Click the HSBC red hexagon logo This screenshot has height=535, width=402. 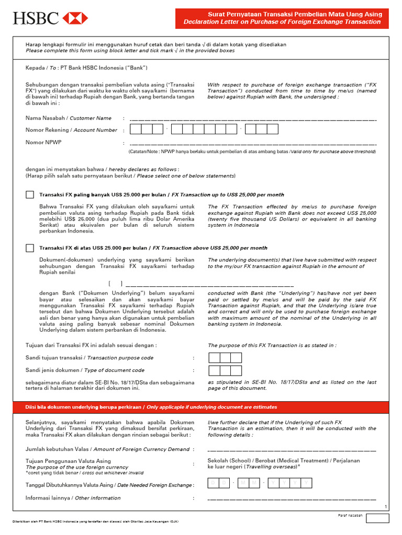75,19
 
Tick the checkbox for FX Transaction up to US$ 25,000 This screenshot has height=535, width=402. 30,194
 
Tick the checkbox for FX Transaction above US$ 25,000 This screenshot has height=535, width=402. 30,248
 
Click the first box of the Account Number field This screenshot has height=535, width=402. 135,129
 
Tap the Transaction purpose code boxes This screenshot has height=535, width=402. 225,358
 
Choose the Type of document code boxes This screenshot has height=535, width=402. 225,370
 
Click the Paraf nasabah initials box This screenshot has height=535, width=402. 377,518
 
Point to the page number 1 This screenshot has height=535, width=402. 385,507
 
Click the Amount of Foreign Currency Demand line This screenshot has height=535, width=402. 292,450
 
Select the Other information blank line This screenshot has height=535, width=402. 292,499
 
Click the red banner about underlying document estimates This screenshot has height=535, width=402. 201,407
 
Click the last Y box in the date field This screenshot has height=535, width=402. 306,483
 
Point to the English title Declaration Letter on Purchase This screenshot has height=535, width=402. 282,22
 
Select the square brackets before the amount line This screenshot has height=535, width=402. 115,284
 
